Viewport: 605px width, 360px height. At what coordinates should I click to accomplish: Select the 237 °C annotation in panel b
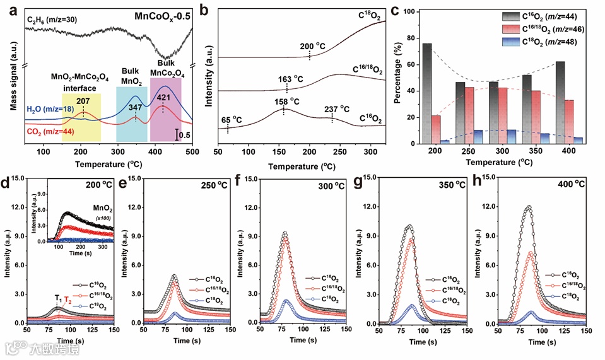pyautogui.click(x=337, y=109)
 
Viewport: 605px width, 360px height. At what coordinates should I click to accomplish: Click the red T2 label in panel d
pyautogui.click(x=68, y=301)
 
